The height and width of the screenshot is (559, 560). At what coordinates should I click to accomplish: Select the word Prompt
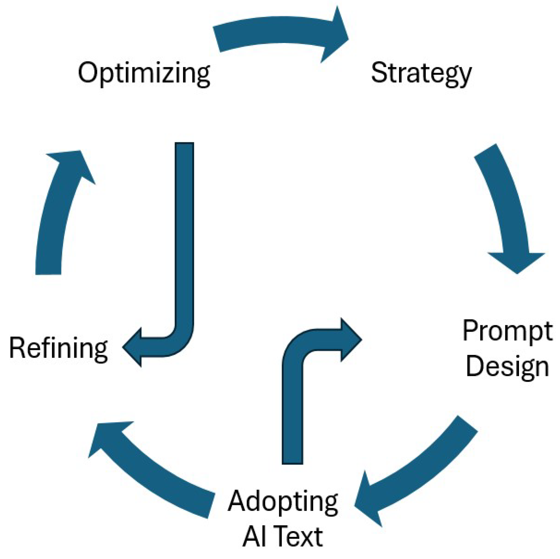pos(507,331)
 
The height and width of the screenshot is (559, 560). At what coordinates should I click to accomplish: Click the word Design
pos(507,367)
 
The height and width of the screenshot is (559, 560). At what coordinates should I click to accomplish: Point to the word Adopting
pos(283,502)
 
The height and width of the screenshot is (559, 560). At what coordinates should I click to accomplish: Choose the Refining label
pos(59,348)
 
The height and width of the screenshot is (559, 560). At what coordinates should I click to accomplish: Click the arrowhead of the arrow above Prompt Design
pos(517,262)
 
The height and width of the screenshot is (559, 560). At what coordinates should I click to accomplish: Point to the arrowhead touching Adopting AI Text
pos(370,500)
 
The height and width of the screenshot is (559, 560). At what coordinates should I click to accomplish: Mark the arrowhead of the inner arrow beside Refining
pos(133,347)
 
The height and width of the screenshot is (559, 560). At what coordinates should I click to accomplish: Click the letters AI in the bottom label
pos(253,537)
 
